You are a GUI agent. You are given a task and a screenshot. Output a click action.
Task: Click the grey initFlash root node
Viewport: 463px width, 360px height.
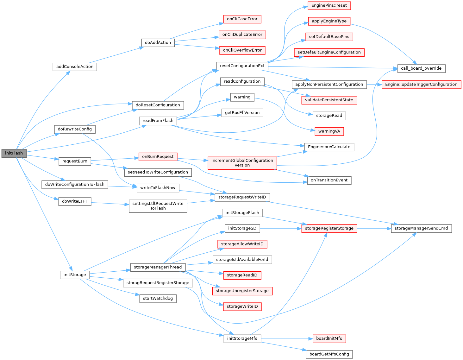(14, 153)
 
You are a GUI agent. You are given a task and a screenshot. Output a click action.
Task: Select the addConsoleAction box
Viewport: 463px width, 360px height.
(75, 67)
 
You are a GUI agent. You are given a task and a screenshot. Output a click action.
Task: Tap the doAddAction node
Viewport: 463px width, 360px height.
(158, 42)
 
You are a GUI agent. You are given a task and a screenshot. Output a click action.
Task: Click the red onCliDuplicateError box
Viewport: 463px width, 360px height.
(242, 35)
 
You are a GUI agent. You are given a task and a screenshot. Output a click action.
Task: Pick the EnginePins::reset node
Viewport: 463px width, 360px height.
(329, 5)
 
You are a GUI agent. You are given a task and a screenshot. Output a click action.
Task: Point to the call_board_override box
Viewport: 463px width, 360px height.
(421, 68)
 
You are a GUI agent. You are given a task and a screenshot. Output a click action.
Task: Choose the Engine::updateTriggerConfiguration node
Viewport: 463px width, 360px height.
(421, 85)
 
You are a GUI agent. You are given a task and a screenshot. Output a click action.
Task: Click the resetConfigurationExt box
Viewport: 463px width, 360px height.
(242, 66)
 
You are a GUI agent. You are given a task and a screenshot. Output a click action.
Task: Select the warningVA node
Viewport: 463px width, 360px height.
(329, 131)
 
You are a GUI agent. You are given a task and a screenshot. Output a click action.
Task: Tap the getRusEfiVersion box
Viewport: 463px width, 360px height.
(242, 113)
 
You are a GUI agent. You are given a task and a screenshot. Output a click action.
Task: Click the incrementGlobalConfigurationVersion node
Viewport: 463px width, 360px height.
(242, 163)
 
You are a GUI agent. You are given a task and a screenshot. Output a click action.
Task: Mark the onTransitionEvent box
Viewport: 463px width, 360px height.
(329, 180)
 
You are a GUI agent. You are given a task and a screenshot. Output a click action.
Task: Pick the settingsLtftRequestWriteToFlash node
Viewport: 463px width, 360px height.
(158, 206)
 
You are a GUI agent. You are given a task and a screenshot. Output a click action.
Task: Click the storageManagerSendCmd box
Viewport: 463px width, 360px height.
(421, 228)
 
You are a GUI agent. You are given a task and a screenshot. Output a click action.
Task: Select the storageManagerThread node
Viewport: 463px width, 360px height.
(158, 267)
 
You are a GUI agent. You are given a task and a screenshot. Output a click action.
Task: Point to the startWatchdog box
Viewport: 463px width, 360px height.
(158, 299)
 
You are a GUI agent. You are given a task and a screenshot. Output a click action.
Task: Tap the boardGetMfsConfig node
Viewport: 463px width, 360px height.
(329, 354)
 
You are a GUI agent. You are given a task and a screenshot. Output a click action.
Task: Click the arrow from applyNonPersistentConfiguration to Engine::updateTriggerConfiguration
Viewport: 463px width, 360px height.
(374, 85)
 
